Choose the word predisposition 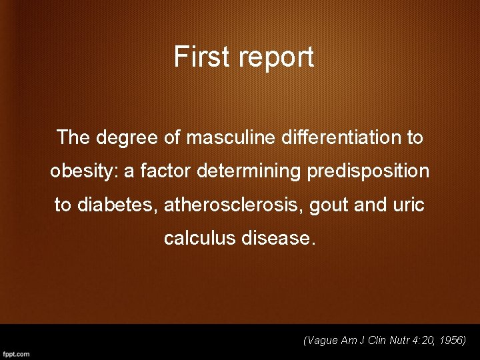point(368,172)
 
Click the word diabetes point(117,205)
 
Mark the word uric point(408,205)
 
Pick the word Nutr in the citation point(391,341)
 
